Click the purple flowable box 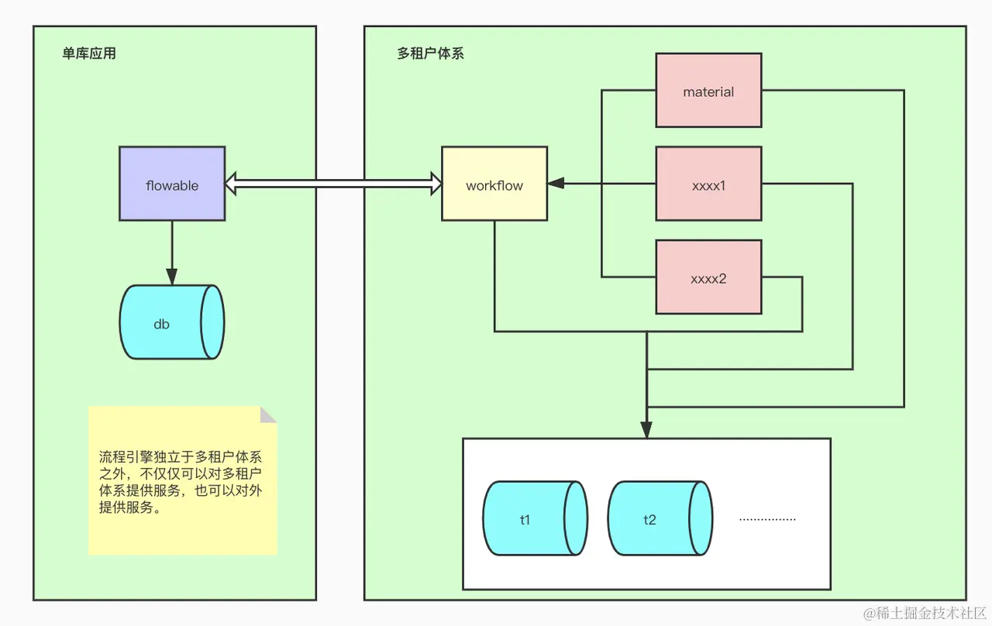[x=172, y=184]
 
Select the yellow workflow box [x=494, y=184]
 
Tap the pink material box [x=708, y=90]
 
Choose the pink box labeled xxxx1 [x=708, y=184]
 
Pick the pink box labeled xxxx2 [x=708, y=277]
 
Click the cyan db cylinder [x=171, y=322]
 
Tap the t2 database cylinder [x=659, y=518]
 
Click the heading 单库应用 [x=89, y=54]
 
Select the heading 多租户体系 [x=430, y=54]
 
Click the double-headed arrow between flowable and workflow [x=333, y=184]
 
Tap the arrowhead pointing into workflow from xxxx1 [x=555, y=184]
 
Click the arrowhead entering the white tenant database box [x=646, y=429]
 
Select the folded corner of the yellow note [x=268, y=414]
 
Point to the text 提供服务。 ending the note [x=130, y=507]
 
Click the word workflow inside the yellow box [x=494, y=186]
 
